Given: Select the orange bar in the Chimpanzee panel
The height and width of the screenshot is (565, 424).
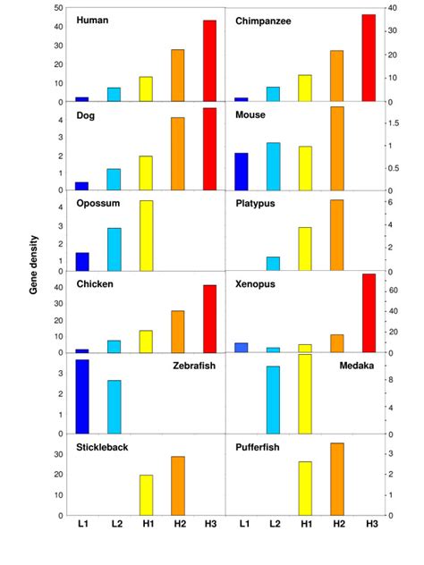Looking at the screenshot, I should (x=336, y=76).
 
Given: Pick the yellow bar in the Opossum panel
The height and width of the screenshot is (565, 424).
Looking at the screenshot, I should (x=146, y=236).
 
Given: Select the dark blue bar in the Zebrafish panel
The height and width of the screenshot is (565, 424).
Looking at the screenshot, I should (x=81, y=397).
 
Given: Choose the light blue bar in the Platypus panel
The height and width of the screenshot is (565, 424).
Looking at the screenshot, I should (x=273, y=264).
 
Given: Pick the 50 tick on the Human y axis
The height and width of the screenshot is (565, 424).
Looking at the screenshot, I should (x=58, y=9).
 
